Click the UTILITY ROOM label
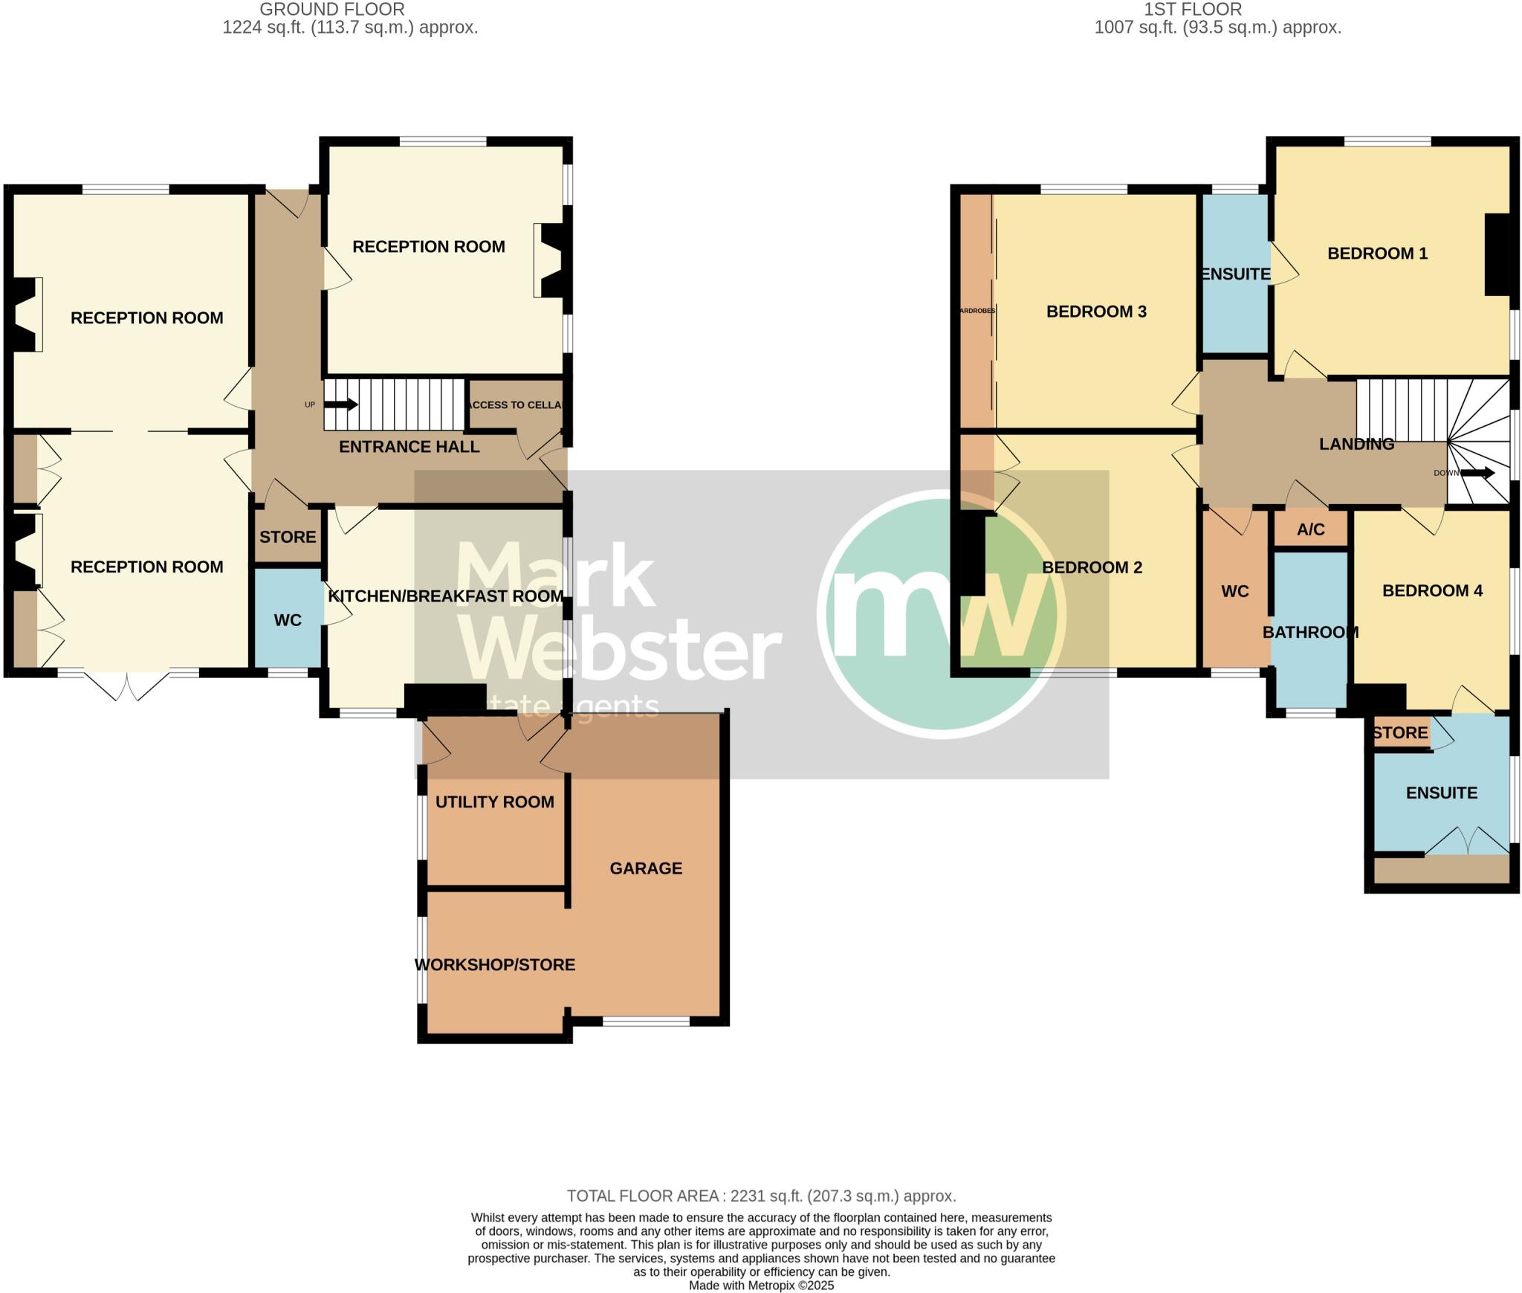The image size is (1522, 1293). tap(494, 802)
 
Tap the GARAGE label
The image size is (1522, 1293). tap(645, 868)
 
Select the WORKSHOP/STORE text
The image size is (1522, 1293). tap(494, 964)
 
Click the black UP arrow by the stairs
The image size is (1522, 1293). tap(341, 404)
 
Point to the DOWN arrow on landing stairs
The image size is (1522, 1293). tap(1477, 473)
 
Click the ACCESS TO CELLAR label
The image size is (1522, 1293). tap(516, 404)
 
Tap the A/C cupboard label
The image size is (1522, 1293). tap(1310, 529)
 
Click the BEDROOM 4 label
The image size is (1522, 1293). tap(1431, 590)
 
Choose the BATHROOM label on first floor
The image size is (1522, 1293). tap(1310, 632)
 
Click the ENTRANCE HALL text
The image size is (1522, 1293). tap(409, 446)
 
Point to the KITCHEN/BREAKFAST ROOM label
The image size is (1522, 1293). tap(445, 596)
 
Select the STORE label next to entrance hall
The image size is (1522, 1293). tap(288, 537)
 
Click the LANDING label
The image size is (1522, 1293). tap(1356, 444)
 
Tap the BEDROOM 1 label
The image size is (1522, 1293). tap(1377, 253)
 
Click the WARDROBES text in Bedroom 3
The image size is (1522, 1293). tap(977, 311)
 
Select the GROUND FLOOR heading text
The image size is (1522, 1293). tap(331, 10)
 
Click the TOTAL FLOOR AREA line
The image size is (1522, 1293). tap(761, 1196)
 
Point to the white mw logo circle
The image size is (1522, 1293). tap(942, 614)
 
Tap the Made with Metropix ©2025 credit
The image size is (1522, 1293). tap(761, 1286)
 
